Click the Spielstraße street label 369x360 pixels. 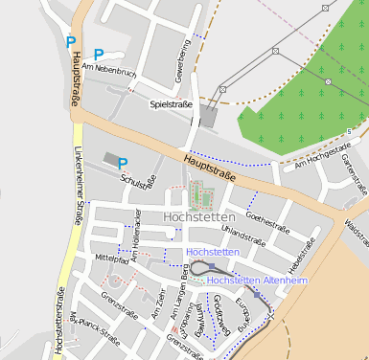point(171,103)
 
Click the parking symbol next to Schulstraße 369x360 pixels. point(123,164)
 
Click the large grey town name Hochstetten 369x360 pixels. point(200,217)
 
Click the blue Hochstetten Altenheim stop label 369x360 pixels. point(257,281)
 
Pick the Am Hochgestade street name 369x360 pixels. point(322,155)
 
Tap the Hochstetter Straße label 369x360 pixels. point(59,322)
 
